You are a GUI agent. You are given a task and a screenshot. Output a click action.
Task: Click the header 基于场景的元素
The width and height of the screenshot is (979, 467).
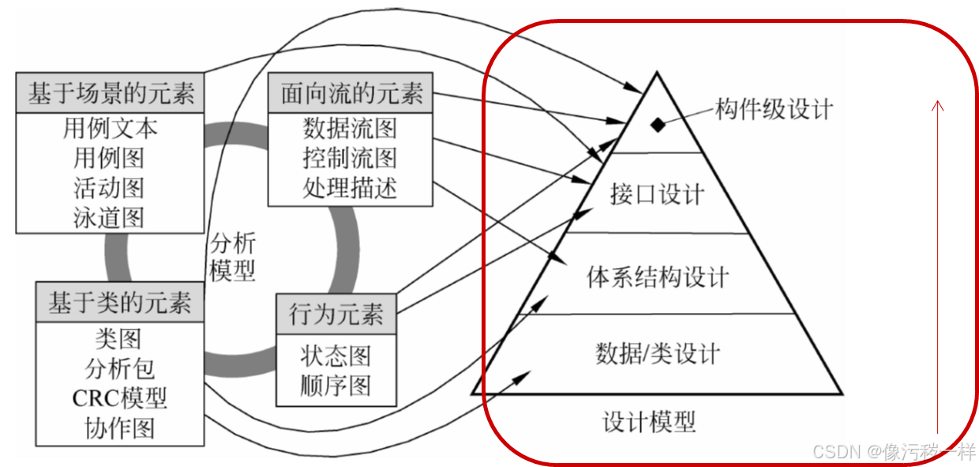111,94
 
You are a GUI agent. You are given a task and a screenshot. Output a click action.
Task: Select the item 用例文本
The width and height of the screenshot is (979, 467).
111,128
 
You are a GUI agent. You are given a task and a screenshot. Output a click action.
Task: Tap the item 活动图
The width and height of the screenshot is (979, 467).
111,188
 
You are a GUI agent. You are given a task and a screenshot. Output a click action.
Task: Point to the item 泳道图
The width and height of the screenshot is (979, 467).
111,217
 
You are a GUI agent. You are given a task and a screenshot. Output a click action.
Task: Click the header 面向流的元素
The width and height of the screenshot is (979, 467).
351,94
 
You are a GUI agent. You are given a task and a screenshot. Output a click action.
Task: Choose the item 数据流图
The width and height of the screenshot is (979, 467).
350,128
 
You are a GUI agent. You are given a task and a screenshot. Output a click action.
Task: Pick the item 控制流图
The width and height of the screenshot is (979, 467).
350,158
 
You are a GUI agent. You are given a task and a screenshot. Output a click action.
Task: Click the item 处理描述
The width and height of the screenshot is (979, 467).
350,188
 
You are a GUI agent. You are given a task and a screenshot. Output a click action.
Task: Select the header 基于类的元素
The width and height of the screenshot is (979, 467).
120,303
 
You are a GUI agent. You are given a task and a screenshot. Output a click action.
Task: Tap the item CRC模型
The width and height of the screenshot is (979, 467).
120,397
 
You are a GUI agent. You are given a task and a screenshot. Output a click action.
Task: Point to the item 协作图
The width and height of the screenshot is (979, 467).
120,427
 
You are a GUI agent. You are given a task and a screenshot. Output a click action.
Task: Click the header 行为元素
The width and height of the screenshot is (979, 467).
336,315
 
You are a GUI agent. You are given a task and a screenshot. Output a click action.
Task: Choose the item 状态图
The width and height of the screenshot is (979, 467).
336,356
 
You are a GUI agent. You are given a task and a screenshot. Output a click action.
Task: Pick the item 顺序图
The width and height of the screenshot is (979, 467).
336,386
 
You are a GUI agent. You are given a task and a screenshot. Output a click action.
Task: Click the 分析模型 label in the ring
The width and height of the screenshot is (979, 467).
233,258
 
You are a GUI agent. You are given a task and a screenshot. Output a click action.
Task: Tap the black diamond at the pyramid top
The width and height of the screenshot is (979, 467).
656,124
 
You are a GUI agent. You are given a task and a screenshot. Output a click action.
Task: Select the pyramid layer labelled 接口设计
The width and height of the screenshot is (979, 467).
657,194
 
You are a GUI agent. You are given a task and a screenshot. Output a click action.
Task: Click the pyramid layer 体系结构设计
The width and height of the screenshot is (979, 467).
658,277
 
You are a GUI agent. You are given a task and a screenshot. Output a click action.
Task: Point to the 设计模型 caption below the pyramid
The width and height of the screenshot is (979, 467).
649,422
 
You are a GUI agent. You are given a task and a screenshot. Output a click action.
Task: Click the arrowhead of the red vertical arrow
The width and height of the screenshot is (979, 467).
938,104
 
